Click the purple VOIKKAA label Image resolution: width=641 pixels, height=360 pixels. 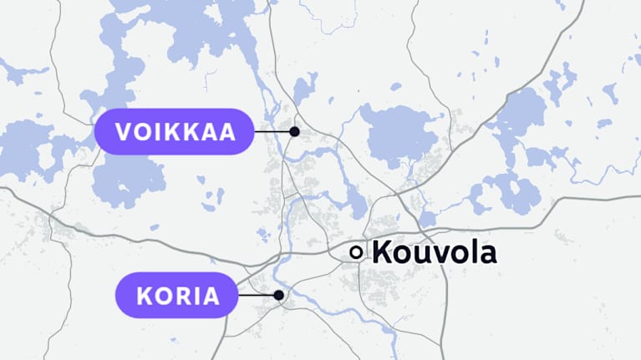(173, 132)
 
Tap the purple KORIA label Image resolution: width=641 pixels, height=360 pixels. (173, 295)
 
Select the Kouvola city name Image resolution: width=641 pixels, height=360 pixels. (434, 251)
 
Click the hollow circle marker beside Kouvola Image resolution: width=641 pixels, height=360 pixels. (357, 251)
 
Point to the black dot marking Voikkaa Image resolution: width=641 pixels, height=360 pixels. (294, 132)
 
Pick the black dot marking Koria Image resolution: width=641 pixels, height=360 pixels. (279, 295)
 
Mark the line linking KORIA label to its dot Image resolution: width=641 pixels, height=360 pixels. (257, 295)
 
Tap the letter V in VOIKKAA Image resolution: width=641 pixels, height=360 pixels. (124, 132)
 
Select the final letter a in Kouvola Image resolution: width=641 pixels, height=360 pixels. (486, 253)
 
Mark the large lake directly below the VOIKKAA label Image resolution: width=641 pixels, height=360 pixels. (125, 180)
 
